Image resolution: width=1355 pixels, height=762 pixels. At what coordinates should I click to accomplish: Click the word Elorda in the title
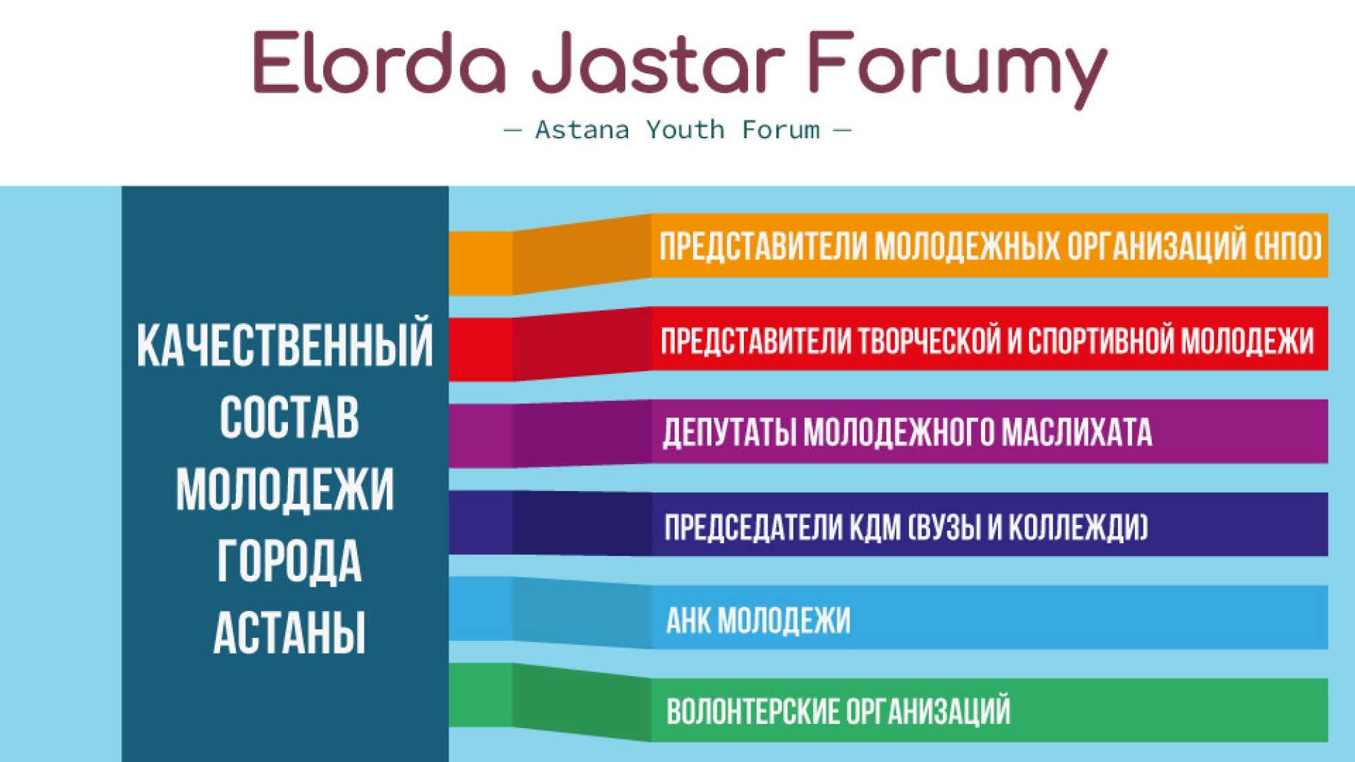point(380,62)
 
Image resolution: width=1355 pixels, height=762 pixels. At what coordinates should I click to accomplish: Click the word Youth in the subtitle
point(685,129)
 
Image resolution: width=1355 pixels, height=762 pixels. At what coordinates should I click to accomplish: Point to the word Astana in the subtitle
point(582,129)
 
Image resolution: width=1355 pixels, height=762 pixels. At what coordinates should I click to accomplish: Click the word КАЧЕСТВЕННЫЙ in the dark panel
point(285,345)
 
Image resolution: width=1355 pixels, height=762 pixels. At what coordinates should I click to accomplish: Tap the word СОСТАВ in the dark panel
point(289,417)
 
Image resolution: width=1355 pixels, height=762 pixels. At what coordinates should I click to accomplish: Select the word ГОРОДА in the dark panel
point(289,562)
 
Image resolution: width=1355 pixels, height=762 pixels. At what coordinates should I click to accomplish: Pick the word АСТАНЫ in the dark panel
point(289,633)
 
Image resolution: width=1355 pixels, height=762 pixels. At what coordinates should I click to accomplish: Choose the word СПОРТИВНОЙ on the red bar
point(1101,340)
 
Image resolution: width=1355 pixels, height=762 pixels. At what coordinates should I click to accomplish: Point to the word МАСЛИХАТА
point(1077,432)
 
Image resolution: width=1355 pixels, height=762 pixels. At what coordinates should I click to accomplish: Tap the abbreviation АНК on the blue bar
point(688,620)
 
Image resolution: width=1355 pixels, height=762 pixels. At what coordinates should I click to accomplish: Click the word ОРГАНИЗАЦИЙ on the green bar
point(929,711)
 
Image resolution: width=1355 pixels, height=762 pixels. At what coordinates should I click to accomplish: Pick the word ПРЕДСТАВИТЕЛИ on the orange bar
point(763,247)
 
